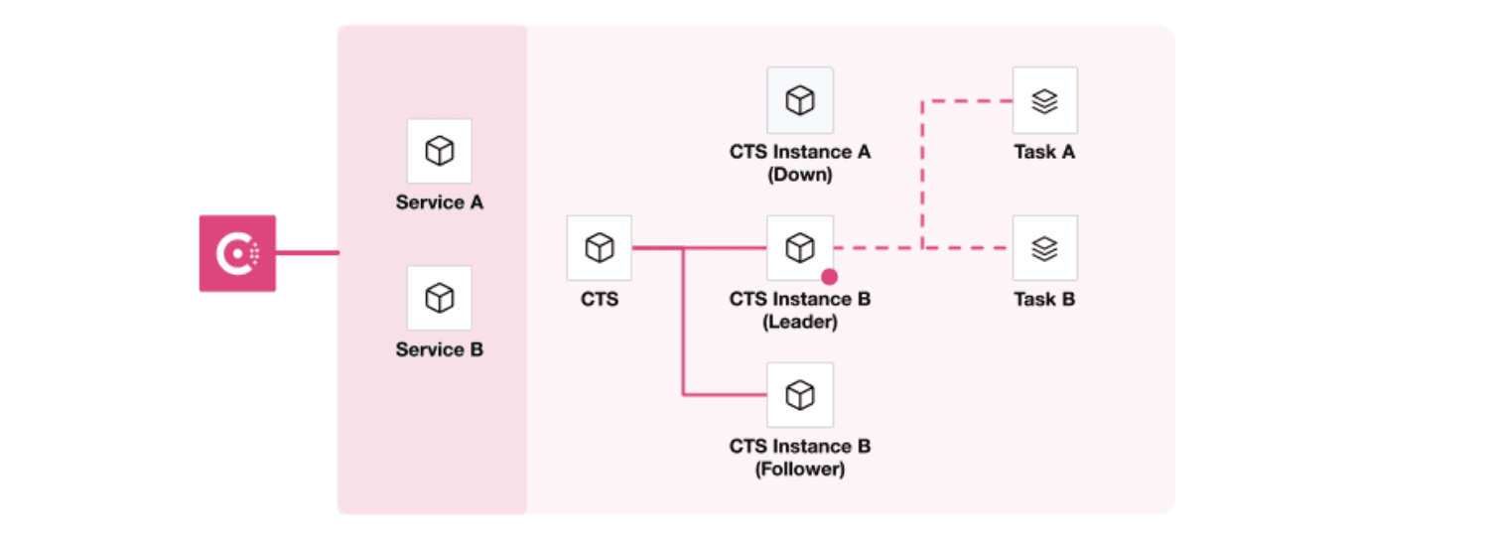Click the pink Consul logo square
[x=237, y=253]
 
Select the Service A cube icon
[x=439, y=151]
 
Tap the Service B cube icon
[x=439, y=298]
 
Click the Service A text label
[x=439, y=202]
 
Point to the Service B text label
[x=439, y=349]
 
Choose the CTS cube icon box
[x=599, y=248]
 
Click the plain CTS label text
[x=599, y=299]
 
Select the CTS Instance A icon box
[x=799, y=100]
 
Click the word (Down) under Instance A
[x=799, y=175]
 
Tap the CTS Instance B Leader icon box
[x=799, y=248]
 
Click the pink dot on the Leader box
[x=829, y=277]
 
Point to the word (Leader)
[x=799, y=323]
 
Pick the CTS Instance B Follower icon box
[x=799, y=395]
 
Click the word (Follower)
[x=799, y=469]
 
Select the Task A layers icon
[x=1044, y=100]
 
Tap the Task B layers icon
[x=1044, y=248]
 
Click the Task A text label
[x=1044, y=152]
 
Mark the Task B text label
[x=1044, y=299]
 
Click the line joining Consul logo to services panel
[x=307, y=253]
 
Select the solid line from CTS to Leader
[x=725, y=248]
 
